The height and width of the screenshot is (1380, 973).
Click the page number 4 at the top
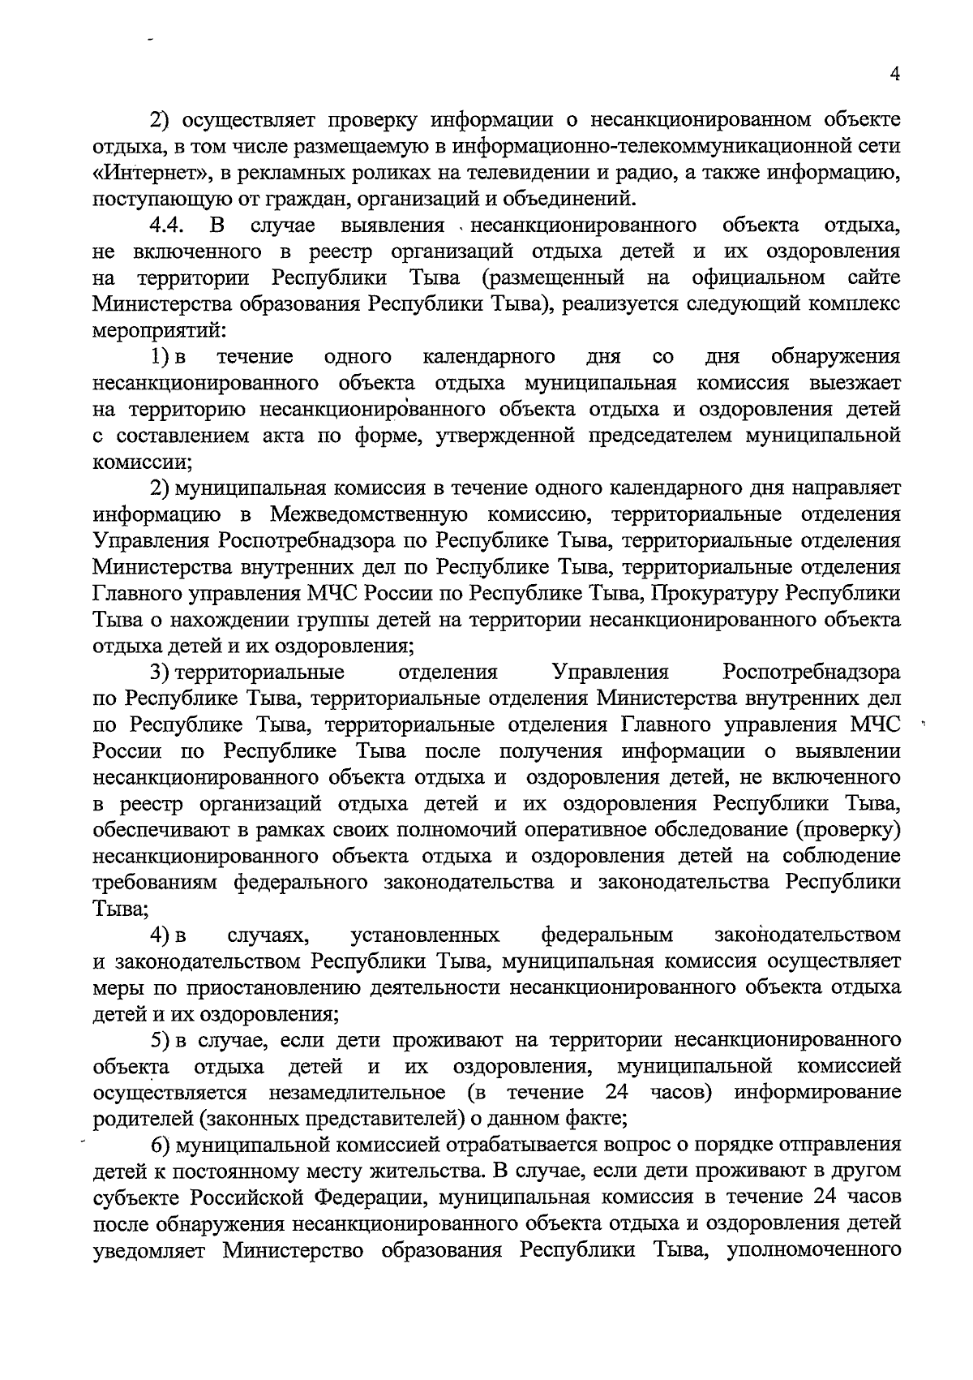(x=894, y=74)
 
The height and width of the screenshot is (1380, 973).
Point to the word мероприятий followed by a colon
(x=159, y=330)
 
